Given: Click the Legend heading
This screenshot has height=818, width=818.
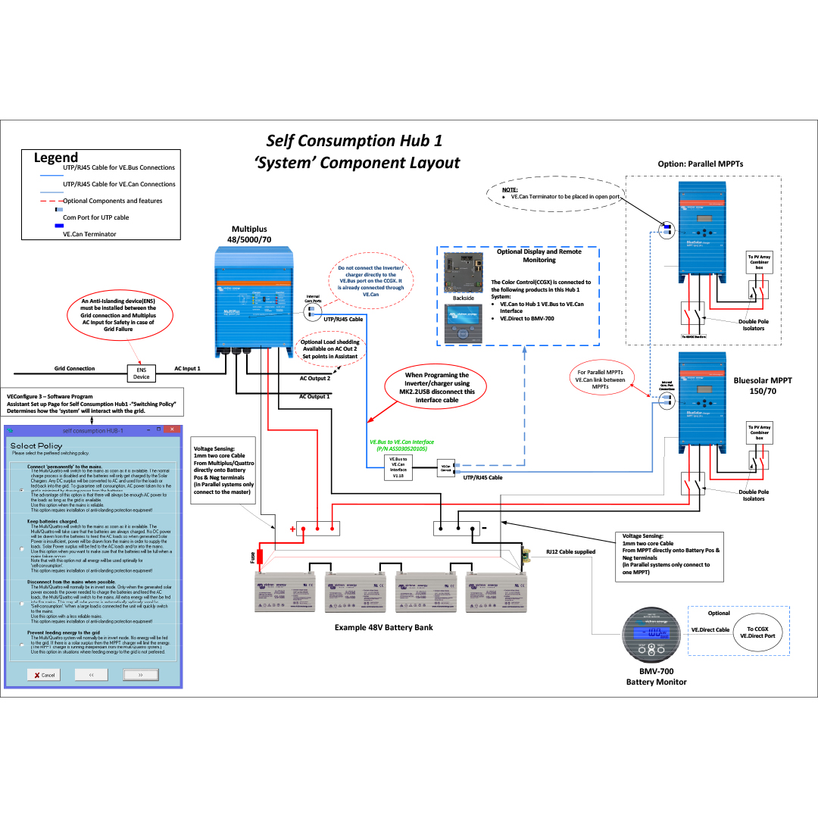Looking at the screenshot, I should [56, 158].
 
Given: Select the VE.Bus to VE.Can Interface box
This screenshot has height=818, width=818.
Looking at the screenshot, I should [398, 467].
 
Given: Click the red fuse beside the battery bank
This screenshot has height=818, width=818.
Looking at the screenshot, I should [259, 557].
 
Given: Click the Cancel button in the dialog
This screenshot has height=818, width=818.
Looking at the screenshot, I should [44, 675].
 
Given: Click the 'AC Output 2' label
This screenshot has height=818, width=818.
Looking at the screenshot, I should [314, 378].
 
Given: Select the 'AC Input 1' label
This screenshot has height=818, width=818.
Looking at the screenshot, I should [187, 369].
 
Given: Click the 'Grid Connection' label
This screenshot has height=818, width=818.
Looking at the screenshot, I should [74, 369].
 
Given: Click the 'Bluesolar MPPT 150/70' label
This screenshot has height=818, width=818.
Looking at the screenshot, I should [763, 386].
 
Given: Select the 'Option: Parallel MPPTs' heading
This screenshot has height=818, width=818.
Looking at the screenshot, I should [701, 164].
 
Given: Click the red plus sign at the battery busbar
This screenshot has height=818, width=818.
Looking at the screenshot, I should [292, 529].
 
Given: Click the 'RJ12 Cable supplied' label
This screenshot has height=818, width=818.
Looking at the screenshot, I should [571, 551].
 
